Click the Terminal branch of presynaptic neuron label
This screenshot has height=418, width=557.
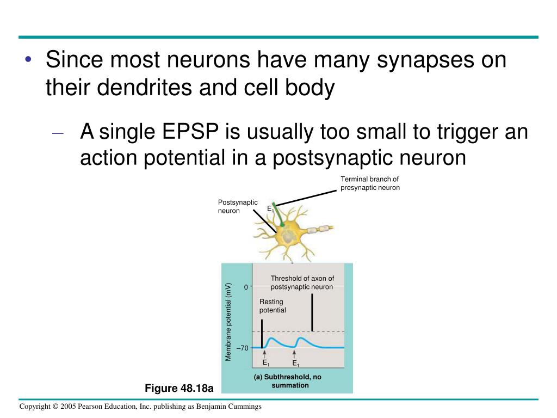pos(370,183)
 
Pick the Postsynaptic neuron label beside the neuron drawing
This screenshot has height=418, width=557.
pos(237,206)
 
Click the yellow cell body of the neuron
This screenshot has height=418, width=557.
pos(287,236)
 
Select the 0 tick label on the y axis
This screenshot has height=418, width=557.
pos(246,287)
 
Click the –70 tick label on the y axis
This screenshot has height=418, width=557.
pos(243,348)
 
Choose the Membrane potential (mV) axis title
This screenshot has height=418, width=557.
pos(228,321)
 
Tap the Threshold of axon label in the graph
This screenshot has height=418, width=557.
pos(302,282)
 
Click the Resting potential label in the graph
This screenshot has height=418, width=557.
pos(273,306)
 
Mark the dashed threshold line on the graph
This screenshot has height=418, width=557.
pos(326,331)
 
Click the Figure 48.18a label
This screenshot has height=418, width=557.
pos(179,388)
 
